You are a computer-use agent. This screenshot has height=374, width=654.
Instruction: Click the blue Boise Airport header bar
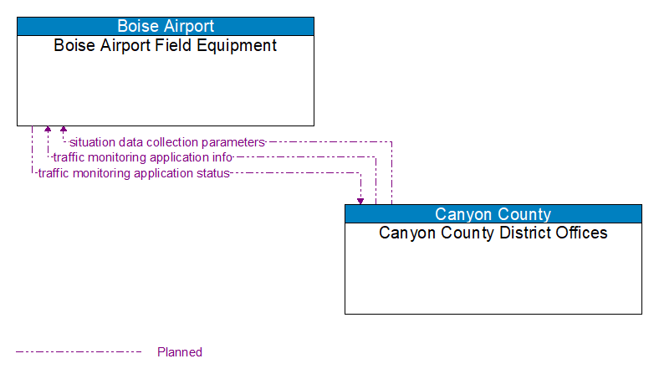[x=166, y=26]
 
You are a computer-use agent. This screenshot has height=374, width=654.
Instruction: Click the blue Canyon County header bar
[x=493, y=214]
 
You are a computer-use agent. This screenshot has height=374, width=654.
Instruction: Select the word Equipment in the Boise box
[x=237, y=45]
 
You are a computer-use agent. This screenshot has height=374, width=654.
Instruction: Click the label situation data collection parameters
[x=166, y=142]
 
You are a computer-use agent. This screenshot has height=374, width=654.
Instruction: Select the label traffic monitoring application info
[x=142, y=157]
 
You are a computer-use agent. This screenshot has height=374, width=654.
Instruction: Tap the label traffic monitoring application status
[x=133, y=173]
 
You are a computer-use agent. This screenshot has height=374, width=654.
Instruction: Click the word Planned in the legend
[x=180, y=352]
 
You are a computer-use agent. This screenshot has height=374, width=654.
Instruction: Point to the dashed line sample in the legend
[x=79, y=352]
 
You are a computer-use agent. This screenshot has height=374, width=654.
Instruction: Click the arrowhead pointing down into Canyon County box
[x=360, y=200]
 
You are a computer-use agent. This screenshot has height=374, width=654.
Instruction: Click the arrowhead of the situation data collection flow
[x=64, y=131]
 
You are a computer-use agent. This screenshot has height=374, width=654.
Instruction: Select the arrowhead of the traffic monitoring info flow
[x=48, y=131]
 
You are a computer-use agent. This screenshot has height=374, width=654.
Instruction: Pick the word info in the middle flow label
[x=222, y=157]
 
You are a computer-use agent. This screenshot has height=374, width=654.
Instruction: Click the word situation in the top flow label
[x=92, y=142]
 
